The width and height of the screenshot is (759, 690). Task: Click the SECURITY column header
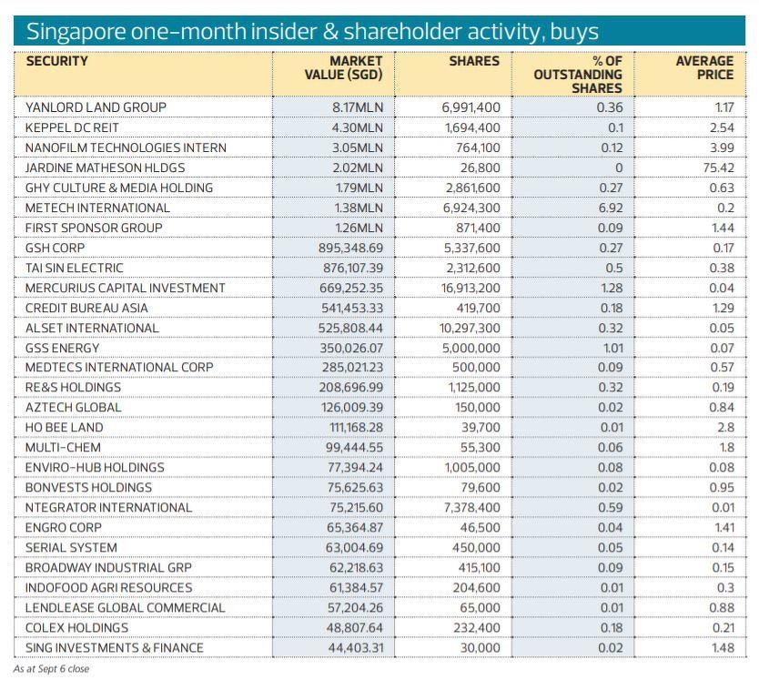[x=57, y=62]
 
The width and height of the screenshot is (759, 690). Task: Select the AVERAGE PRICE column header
[x=704, y=68]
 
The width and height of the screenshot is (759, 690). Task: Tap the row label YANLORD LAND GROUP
[x=96, y=107]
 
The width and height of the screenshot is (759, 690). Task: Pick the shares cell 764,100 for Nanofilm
[x=471, y=147]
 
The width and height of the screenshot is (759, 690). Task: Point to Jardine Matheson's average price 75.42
[x=714, y=167]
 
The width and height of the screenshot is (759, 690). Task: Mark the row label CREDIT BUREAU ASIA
[x=86, y=308]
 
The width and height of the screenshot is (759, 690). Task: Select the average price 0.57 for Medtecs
[x=721, y=368]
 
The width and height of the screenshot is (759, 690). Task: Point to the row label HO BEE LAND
[x=65, y=428]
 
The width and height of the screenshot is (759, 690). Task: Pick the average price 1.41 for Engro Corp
[x=721, y=528]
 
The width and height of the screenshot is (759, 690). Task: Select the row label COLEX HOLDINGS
[x=76, y=628]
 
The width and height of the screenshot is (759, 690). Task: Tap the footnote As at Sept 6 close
[x=51, y=669]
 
